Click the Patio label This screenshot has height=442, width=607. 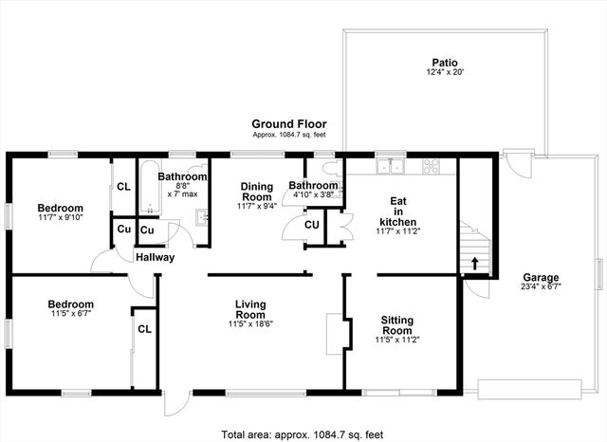pos(445,61)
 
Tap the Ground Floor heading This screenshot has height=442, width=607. pos(288,123)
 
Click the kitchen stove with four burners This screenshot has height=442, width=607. pos(431,167)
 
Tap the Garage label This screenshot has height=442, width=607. pos(540,277)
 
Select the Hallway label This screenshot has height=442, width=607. pos(154,257)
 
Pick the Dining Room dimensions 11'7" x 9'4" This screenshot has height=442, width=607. pos(257,206)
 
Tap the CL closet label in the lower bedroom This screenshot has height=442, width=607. pos(144,329)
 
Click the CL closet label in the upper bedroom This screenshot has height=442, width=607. pos(123,187)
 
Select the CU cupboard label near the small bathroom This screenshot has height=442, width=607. pos(312,225)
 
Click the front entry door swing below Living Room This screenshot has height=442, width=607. pos(172,403)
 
